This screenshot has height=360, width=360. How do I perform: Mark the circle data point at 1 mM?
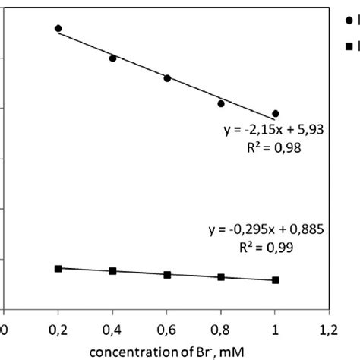click(276, 113)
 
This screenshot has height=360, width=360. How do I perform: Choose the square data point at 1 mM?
click(276, 280)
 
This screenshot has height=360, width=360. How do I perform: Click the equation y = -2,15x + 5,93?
click(274, 131)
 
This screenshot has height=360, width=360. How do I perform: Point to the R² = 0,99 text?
click(267, 248)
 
